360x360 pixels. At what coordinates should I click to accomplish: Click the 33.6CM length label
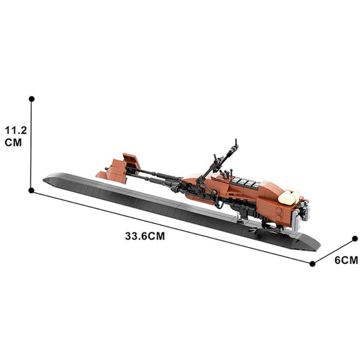point(145,236)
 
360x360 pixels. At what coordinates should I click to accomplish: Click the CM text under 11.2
point(14,143)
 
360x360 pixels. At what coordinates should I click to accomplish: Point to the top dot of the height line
point(32,99)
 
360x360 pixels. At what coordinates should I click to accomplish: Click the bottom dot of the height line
point(32,191)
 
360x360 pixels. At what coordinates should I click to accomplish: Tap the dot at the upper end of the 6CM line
point(355,238)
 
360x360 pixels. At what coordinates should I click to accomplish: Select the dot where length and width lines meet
point(312,263)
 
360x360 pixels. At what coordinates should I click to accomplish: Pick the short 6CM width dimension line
point(334,251)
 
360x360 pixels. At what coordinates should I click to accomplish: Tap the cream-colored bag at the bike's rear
point(288,197)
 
